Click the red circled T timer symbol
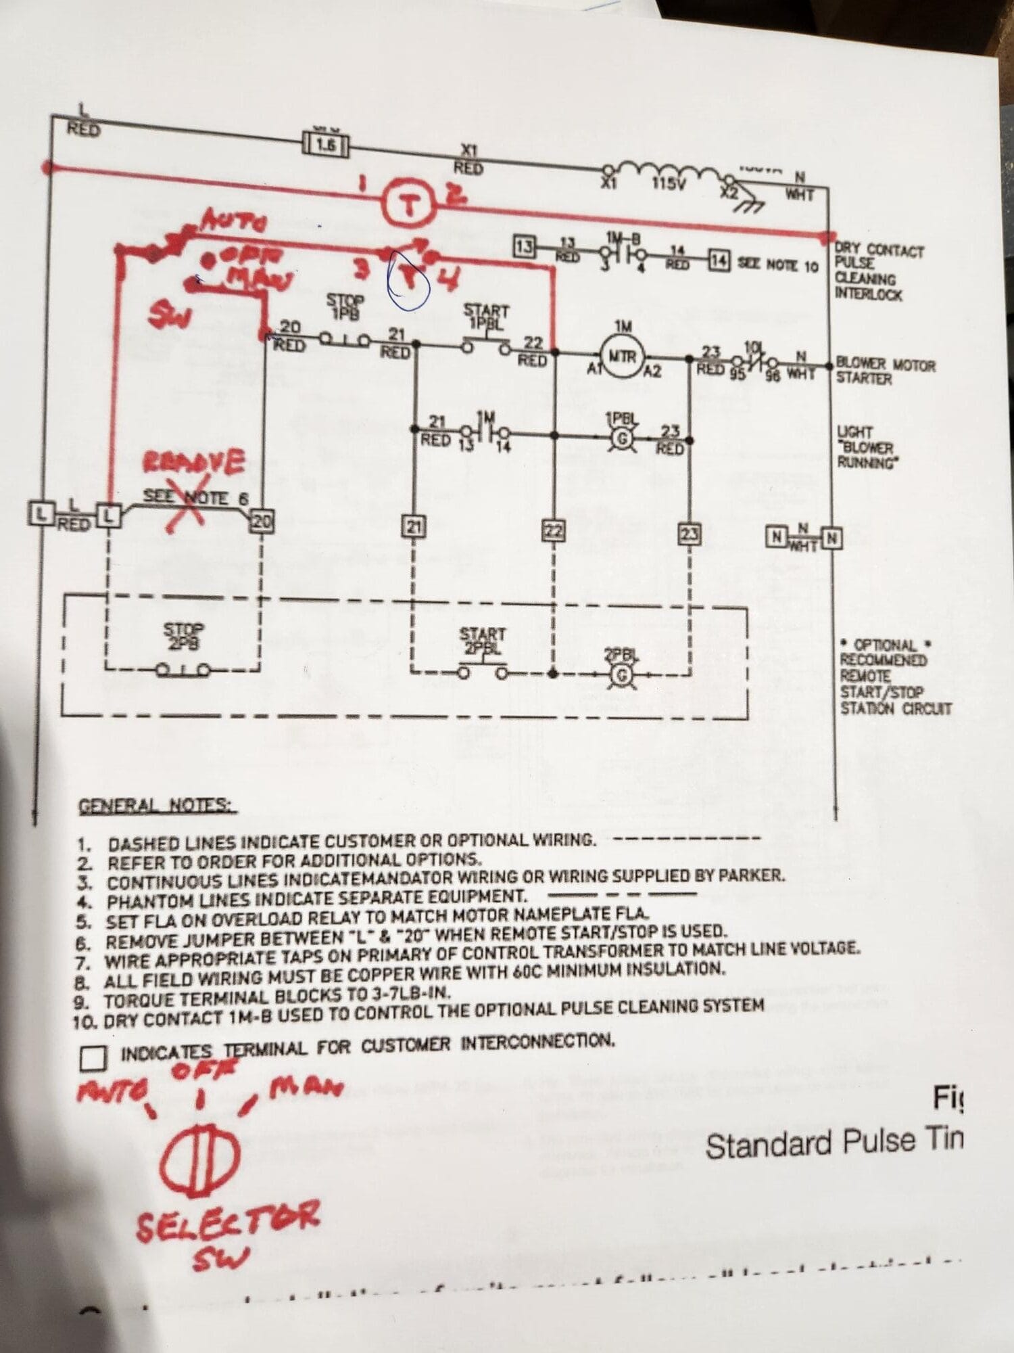coord(408,205)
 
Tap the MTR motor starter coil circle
coord(621,356)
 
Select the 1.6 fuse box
coord(324,144)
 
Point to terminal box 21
coord(413,526)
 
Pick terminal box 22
coord(554,530)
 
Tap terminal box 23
coord(689,534)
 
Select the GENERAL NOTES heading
coord(157,806)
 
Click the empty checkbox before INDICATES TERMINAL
coord(93,1059)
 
